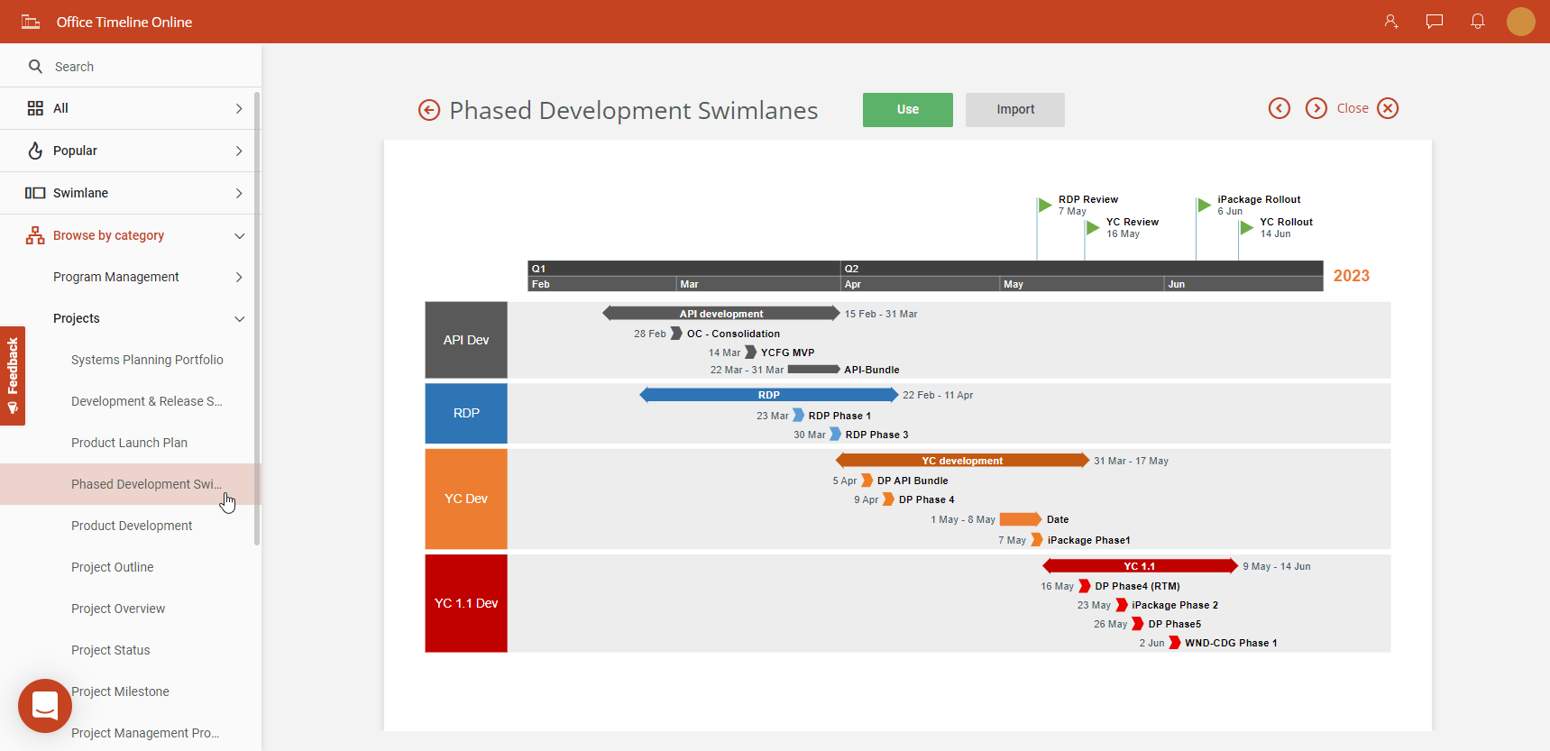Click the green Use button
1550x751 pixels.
coord(907,109)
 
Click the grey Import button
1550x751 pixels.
coord(1014,109)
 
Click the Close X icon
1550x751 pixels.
coord(1388,108)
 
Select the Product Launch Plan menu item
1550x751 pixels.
coord(129,443)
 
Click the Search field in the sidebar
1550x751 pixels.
coord(135,67)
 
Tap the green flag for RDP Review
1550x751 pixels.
coord(1044,205)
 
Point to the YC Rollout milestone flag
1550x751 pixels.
coord(1246,227)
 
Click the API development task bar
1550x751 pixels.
coord(721,314)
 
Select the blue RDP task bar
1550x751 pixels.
coord(768,395)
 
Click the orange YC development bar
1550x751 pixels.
coord(961,461)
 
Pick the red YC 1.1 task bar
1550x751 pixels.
coord(1139,566)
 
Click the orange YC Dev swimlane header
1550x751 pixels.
coord(466,499)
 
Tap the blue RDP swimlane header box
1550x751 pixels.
coord(466,413)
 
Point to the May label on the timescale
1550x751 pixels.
coord(1013,284)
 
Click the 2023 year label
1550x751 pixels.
coord(1351,276)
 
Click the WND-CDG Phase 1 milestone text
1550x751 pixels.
coord(1230,643)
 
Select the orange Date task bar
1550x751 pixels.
coord(1020,519)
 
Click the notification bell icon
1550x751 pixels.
coord(1477,22)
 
